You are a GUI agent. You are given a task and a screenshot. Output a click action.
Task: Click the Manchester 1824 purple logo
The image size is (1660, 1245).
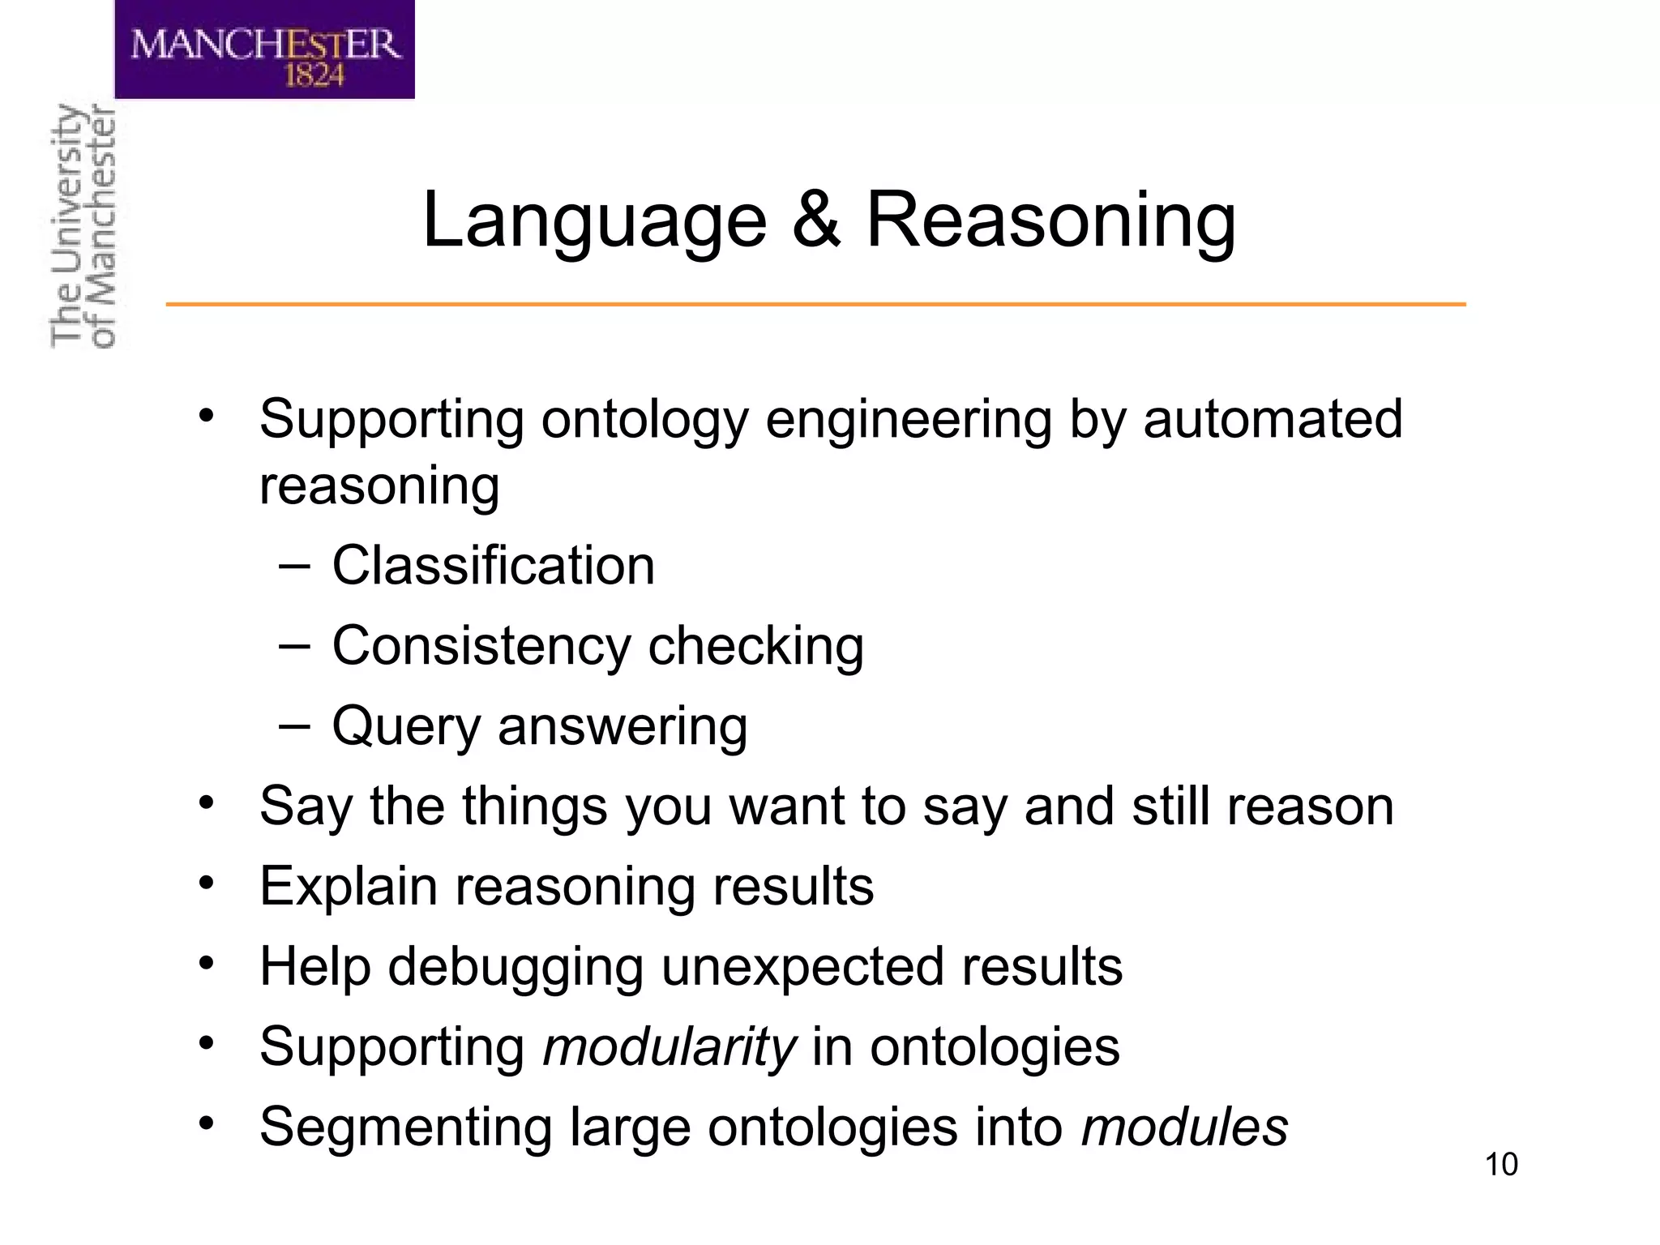point(264,49)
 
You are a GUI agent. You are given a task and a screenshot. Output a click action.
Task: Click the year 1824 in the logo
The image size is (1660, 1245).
point(314,76)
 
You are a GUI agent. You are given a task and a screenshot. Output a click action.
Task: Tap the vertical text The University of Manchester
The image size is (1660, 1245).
point(83,227)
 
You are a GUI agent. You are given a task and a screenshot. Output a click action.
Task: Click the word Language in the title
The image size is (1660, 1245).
point(594,220)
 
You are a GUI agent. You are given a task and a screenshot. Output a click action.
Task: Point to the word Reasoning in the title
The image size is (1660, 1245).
point(1051,220)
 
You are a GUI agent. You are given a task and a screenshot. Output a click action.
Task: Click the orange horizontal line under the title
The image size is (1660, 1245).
point(815,304)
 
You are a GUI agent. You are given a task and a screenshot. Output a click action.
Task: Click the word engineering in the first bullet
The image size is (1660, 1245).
point(908,420)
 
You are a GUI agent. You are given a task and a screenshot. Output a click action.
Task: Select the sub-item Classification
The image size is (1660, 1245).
point(493,565)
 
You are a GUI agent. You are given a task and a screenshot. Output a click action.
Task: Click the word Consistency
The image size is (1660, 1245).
point(481,646)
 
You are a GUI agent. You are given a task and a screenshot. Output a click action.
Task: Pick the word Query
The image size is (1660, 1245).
point(407,726)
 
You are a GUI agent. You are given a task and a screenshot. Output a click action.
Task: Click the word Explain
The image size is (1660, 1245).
point(348,886)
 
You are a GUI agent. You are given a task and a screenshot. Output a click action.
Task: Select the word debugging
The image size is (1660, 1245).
point(515,967)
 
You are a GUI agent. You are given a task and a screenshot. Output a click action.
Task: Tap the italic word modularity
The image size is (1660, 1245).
point(670,1047)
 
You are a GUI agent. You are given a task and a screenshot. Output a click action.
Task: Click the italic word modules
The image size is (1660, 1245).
point(1184,1127)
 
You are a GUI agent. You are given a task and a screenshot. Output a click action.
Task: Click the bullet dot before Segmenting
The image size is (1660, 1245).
point(207,1123)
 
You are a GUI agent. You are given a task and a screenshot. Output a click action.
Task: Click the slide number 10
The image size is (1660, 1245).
point(1501,1165)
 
